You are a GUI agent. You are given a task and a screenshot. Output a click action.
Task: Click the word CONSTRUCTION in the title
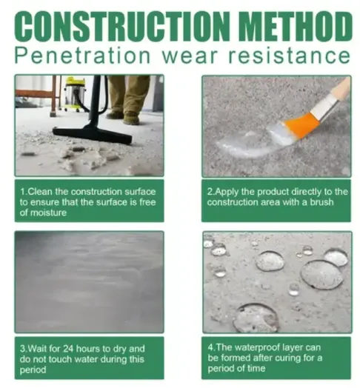coord(122,26)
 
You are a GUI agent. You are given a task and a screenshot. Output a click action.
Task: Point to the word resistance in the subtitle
coord(289,56)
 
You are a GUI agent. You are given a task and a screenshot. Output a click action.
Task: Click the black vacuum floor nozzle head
coord(93,134)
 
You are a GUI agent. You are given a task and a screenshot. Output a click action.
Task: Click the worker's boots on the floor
coord(124,117)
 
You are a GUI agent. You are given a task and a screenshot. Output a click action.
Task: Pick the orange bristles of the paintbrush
coord(299,124)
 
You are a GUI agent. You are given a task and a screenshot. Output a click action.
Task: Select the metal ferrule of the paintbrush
coord(324,107)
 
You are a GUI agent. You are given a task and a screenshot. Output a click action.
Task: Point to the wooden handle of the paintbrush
coord(341,89)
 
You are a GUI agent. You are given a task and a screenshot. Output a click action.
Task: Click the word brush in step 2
coord(322,202)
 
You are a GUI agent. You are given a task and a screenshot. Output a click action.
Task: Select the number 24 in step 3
coord(69,349)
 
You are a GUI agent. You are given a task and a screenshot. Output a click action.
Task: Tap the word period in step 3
coord(33,370)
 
